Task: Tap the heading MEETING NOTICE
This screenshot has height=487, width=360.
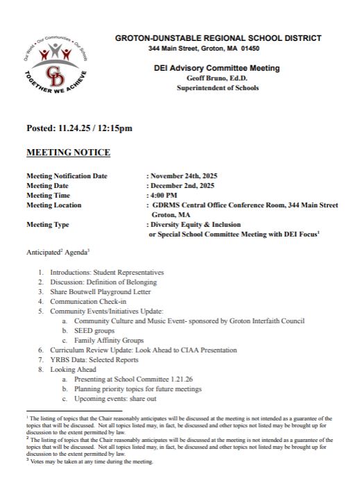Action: [68, 153]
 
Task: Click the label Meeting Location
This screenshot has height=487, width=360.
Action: [53, 205]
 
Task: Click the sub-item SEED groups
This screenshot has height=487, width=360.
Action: [94, 331]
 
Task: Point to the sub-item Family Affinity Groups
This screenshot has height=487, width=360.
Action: [108, 341]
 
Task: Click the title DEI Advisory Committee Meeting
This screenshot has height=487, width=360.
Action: [216, 68]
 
